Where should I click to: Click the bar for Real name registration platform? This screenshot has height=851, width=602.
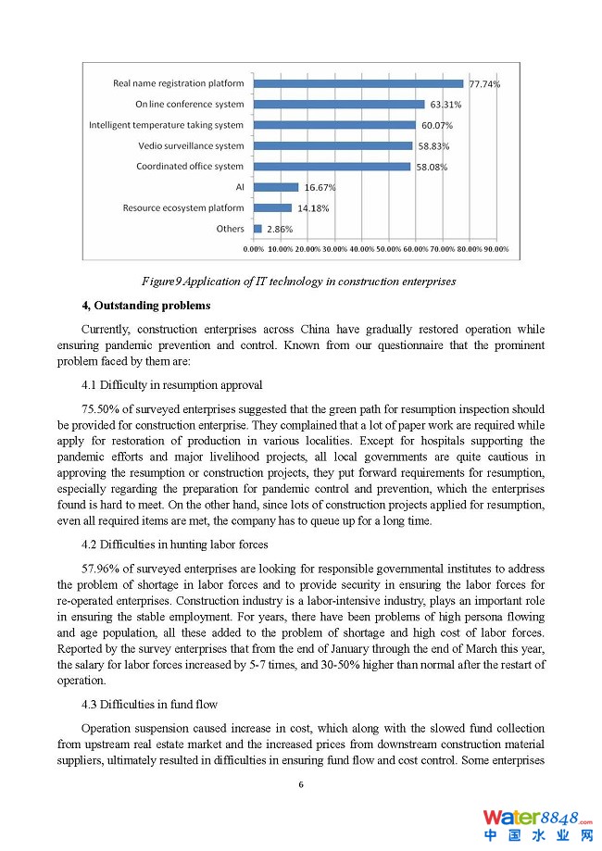(x=358, y=83)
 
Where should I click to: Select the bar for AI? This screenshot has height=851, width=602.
(x=276, y=187)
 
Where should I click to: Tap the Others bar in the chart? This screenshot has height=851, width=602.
(x=257, y=229)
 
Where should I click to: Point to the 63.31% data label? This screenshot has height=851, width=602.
(x=445, y=105)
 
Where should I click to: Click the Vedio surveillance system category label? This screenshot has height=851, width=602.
(x=191, y=145)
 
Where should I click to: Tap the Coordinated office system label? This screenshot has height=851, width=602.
(x=190, y=167)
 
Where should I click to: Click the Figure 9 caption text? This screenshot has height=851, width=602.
(x=298, y=281)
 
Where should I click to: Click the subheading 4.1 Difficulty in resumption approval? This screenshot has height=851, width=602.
(x=171, y=384)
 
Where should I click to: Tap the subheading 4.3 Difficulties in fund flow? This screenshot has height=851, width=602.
(x=149, y=705)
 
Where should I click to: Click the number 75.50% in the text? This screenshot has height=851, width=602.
(x=102, y=409)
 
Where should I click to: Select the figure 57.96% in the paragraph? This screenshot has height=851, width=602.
(x=102, y=569)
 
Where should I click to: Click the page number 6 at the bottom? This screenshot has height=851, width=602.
(x=301, y=784)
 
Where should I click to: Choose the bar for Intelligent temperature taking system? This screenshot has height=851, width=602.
(x=334, y=125)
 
